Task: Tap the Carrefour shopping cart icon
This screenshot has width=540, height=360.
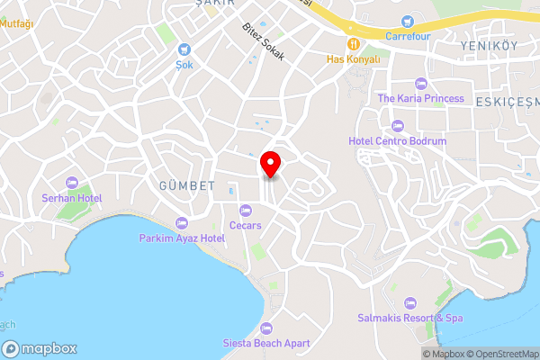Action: click(x=408, y=21)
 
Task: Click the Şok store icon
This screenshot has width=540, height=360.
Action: click(x=184, y=49)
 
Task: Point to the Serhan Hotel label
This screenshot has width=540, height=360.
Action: click(x=72, y=198)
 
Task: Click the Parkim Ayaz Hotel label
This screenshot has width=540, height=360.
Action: click(x=182, y=238)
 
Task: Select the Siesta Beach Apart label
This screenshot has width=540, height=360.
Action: click(x=266, y=343)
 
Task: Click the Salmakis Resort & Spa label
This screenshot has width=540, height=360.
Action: click(x=410, y=319)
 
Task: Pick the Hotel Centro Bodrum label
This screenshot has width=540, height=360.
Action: click(x=397, y=141)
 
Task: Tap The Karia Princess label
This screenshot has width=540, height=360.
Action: click(x=420, y=98)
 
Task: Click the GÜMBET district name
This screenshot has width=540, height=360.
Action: click(x=188, y=186)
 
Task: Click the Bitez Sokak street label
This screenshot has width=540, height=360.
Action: click(x=264, y=41)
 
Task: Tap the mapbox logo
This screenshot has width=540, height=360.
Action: click(x=40, y=349)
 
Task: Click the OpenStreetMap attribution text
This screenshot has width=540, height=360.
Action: click(x=502, y=354)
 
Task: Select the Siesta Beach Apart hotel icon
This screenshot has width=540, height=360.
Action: click(x=265, y=328)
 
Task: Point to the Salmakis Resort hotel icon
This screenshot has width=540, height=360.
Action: click(x=410, y=302)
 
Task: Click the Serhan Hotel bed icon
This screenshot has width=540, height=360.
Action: click(x=72, y=183)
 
